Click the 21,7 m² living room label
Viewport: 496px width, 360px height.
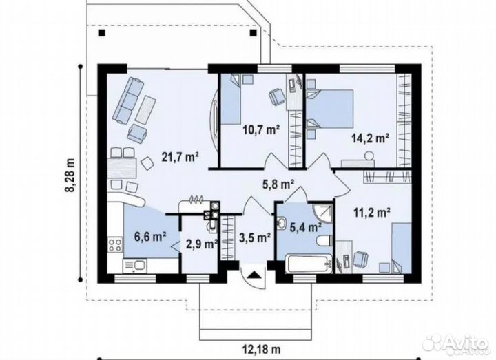click(x=180, y=157)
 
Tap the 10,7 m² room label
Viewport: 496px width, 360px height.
click(x=261, y=129)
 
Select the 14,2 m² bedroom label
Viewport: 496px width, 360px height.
click(x=370, y=138)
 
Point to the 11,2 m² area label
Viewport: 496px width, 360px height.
click(x=371, y=213)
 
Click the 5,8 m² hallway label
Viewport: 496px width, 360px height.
click(x=279, y=184)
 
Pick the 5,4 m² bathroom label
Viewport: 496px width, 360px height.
click(x=306, y=226)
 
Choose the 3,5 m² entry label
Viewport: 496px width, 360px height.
click(x=255, y=237)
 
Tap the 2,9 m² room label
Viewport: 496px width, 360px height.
click(x=202, y=244)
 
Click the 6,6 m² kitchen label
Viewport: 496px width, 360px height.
click(x=151, y=237)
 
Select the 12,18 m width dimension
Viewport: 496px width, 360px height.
click(x=261, y=349)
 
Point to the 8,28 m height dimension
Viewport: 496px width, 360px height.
click(x=71, y=174)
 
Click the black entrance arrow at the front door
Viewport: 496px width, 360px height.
click(x=252, y=275)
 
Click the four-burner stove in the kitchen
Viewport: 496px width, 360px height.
click(x=115, y=244)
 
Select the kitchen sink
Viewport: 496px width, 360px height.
click(x=135, y=265)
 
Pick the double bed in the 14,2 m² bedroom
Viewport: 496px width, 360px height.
click(x=329, y=109)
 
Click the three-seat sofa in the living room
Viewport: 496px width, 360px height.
click(x=128, y=100)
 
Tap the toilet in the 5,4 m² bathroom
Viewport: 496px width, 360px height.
click(x=324, y=241)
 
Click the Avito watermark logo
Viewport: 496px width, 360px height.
click(x=455, y=343)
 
